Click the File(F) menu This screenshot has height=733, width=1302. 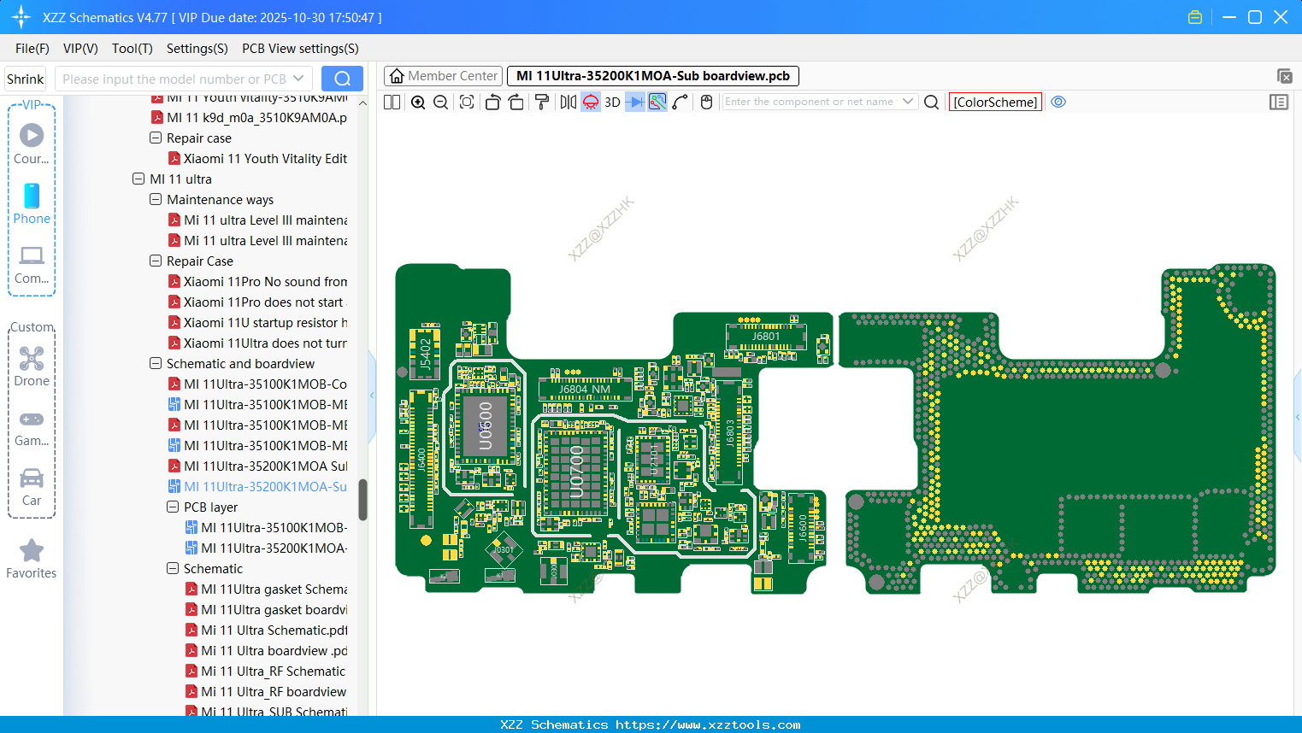32,49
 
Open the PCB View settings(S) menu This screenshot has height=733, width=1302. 300,49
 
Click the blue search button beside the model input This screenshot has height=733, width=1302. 342,79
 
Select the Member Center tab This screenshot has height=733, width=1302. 444,76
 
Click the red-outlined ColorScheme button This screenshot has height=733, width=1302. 995,103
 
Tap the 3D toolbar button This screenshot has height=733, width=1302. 612,103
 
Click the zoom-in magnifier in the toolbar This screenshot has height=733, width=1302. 418,103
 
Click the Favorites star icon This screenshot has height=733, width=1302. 32,558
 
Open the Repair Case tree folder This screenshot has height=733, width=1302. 199,261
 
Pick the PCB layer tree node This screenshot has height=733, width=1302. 210,507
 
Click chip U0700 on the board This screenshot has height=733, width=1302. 576,470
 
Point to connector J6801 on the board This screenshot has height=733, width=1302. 765,336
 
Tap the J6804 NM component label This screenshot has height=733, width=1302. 585,390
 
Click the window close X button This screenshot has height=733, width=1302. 1281,17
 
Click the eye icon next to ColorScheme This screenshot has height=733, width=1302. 1058,103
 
